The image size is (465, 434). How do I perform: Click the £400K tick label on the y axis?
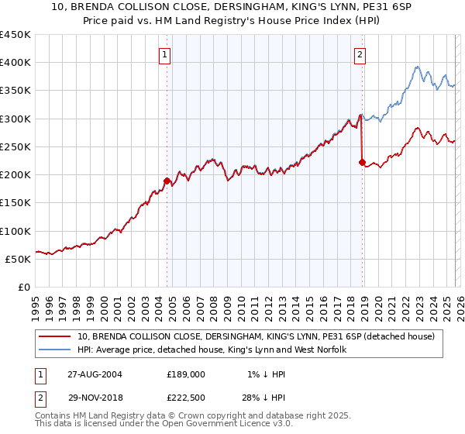15,63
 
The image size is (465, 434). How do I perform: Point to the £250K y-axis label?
15,146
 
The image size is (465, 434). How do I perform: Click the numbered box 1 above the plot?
167,54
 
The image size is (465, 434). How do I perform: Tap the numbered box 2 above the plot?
361,54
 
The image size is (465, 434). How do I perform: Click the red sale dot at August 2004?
167,181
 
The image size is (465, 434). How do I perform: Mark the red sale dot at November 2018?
362,163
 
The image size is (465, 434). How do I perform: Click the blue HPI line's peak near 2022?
417,67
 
